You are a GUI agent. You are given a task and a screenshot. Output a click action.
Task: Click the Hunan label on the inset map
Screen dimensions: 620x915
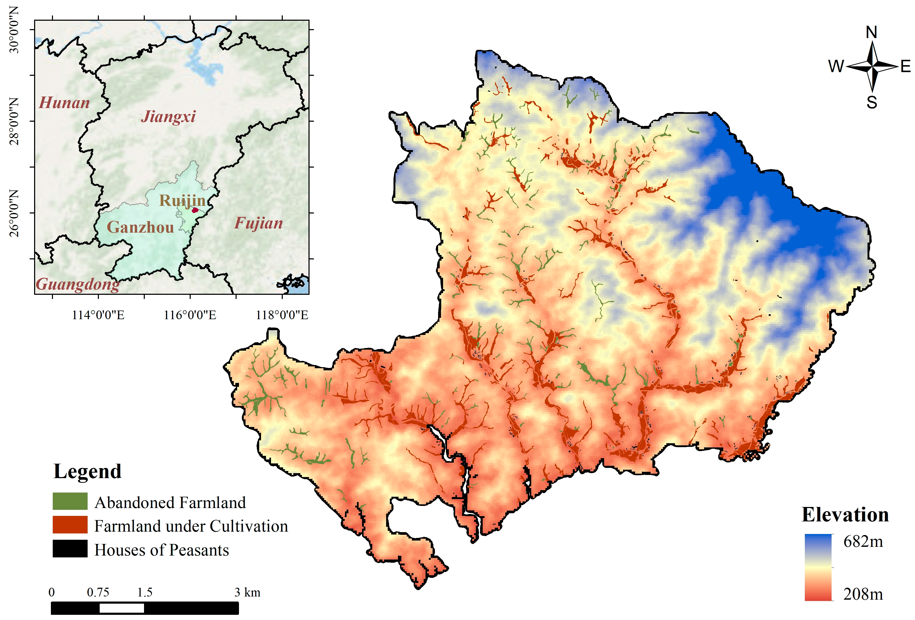click(x=64, y=103)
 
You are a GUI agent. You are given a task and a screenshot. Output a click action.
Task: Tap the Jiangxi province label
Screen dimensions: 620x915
click(x=168, y=116)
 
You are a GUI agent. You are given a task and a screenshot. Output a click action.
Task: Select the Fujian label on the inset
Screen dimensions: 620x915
click(x=258, y=223)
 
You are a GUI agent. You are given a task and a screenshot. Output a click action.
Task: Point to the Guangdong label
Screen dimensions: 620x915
click(x=78, y=284)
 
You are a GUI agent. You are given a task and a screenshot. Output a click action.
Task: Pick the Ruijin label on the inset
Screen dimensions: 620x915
click(x=182, y=200)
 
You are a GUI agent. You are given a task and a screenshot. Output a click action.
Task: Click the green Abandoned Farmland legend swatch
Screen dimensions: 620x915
click(x=70, y=501)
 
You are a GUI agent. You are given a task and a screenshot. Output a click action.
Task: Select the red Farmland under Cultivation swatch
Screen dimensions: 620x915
click(x=70, y=525)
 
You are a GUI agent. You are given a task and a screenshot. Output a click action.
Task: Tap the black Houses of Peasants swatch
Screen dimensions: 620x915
click(x=70, y=548)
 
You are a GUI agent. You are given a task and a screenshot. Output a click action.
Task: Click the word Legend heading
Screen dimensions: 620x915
click(x=87, y=471)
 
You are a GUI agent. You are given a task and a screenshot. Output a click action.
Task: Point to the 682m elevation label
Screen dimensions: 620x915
click(x=863, y=542)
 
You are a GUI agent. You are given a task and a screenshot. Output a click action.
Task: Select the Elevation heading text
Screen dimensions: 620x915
click(x=845, y=515)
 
